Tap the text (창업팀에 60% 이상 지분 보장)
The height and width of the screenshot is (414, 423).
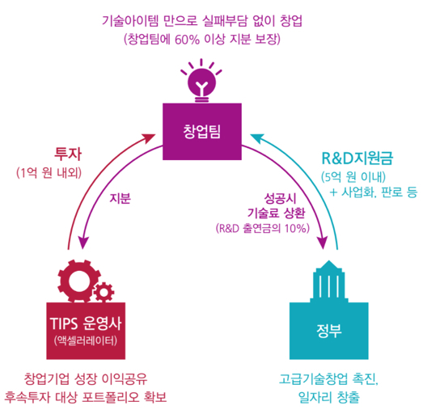(206, 38)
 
